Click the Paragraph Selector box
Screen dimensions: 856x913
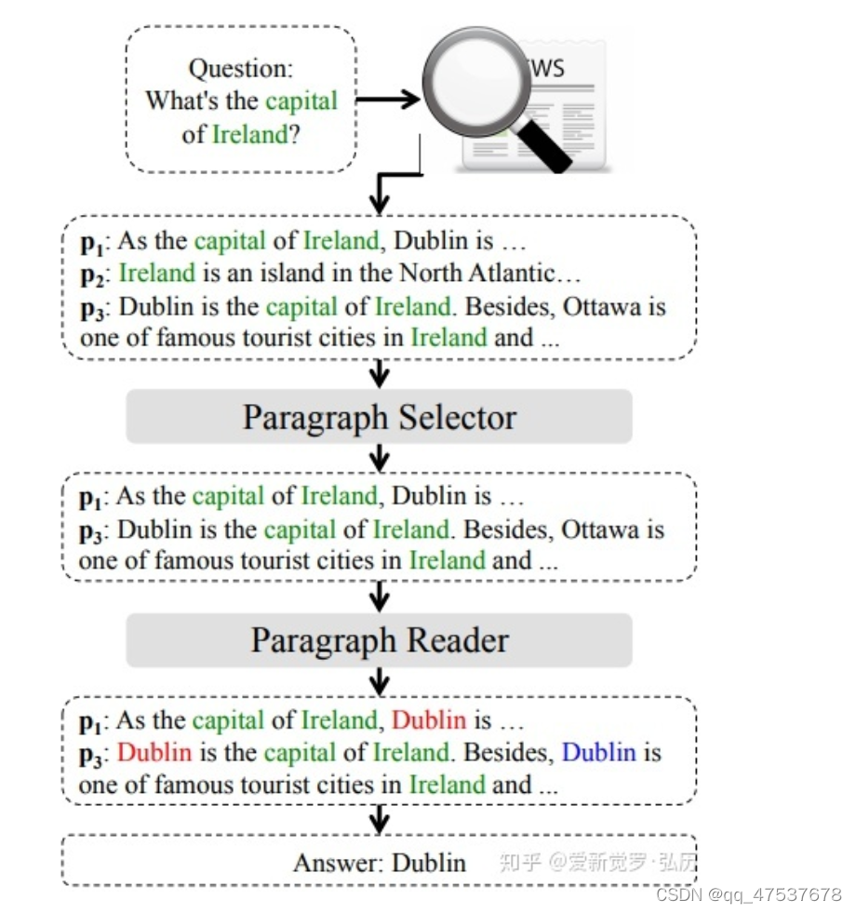379,416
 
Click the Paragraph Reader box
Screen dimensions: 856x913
379,639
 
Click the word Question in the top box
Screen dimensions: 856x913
241,68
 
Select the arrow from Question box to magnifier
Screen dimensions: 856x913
388,100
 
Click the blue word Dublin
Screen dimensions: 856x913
599,751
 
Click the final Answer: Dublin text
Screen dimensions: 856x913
380,862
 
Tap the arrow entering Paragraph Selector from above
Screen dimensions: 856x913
379,373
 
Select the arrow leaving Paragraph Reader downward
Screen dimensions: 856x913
379,680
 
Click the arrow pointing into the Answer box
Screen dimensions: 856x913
379,820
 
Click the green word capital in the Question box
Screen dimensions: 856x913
301,101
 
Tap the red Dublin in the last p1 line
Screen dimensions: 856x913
428,719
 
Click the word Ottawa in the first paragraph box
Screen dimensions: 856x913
601,306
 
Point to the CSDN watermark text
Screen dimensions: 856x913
748,894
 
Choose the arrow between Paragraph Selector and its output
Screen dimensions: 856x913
379,457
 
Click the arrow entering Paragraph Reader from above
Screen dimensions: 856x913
379,597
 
